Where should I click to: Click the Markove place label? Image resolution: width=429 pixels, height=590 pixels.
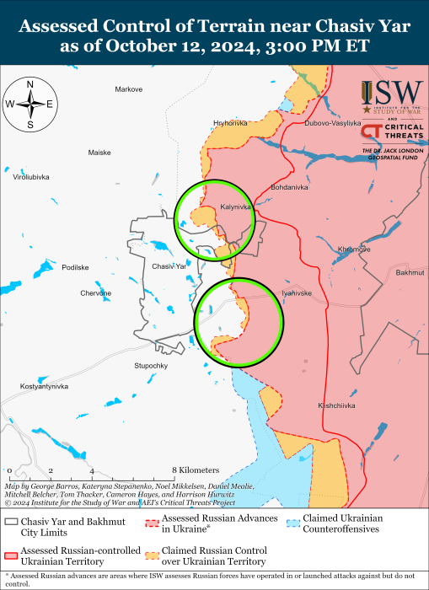[129, 88]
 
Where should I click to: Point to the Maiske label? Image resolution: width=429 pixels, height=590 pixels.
[99, 153]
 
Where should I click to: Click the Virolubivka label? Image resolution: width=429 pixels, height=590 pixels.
[30, 177]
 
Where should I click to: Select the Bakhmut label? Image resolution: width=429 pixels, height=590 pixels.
[408, 273]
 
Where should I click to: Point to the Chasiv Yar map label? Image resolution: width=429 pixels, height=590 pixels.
[169, 266]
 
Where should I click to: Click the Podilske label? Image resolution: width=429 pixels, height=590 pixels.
[75, 267]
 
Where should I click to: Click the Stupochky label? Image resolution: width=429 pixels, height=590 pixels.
[151, 366]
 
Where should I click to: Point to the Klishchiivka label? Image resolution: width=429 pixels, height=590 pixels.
[338, 405]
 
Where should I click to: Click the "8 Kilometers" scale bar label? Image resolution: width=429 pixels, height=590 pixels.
[196, 469]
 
